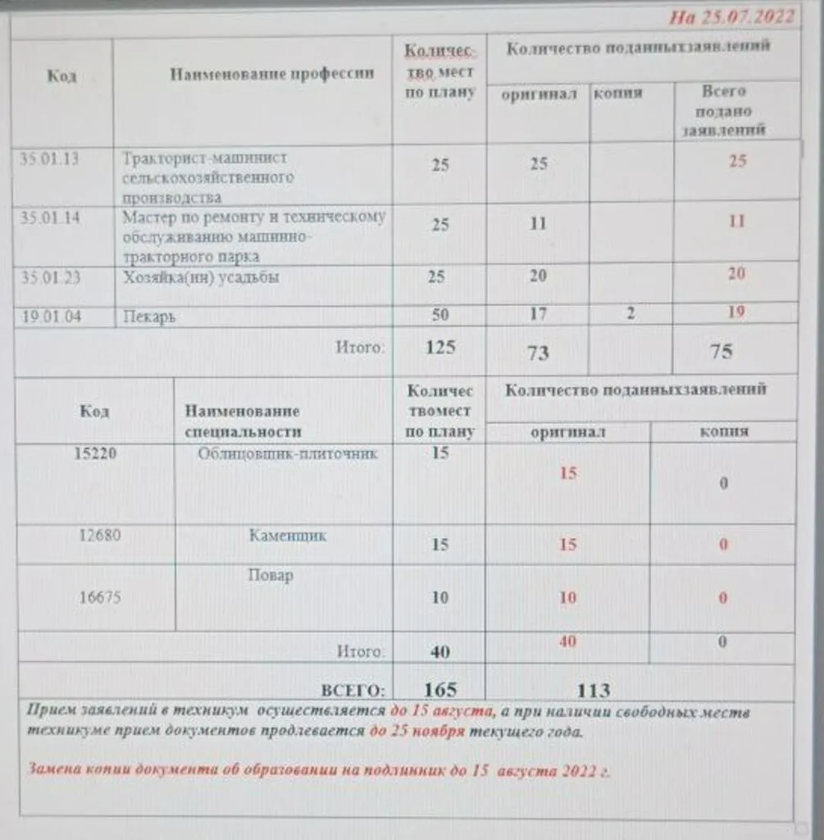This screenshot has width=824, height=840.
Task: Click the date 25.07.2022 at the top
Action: click(x=731, y=17)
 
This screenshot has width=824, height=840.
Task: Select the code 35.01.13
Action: click(x=50, y=159)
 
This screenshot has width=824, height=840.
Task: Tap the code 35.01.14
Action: click(x=50, y=217)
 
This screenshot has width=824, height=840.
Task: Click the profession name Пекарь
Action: click(x=149, y=317)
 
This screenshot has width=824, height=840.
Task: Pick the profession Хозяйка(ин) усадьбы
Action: click(x=201, y=277)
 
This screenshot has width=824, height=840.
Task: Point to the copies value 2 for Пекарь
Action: click(x=629, y=313)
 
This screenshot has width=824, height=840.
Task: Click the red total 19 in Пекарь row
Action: click(x=736, y=312)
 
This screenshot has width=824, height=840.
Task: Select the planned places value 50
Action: click(x=440, y=313)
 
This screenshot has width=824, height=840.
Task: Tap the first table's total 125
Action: click(x=440, y=347)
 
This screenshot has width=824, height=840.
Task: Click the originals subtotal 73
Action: click(x=538, y=353)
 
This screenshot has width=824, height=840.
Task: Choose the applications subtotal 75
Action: click(x=722, y=352)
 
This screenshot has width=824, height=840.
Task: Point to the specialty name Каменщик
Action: click(x=287, y=536)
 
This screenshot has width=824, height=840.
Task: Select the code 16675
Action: click(x=99, y=597)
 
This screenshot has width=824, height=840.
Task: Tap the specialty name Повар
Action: click(x=271, y=575)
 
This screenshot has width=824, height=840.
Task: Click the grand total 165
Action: click(x=439, y=689)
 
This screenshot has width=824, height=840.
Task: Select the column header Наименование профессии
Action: click(x=271, y=74)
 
